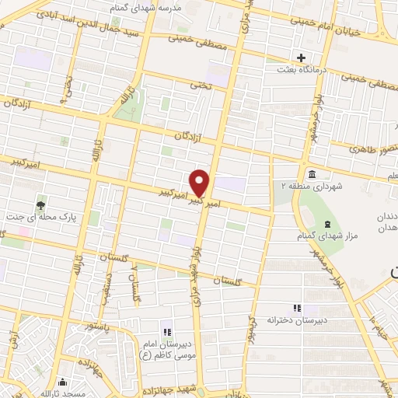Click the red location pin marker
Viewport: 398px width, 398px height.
200,183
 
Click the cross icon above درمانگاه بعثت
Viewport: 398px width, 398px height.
301,58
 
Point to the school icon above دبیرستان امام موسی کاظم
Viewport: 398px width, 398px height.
166,323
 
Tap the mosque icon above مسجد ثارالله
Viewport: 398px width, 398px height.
62,382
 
